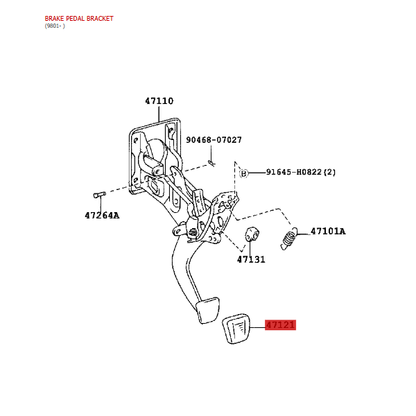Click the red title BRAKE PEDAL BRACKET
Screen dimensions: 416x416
[79, 18]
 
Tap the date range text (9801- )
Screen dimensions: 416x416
[55, 26]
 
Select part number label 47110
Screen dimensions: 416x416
[159, 101]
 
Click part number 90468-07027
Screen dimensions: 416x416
[214, 140]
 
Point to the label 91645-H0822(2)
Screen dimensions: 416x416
[301, 172]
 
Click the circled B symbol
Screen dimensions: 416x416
[243, 173]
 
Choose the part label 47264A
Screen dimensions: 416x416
[102, 216]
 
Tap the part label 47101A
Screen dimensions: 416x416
[328, 232]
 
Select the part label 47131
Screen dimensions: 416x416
[251, 259]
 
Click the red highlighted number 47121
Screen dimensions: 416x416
[280, 325]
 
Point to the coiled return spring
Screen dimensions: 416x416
[288, 239]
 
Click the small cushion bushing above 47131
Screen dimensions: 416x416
[252, 234]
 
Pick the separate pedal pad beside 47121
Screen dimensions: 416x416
[236, 329]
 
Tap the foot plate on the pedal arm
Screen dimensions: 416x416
[207, 311]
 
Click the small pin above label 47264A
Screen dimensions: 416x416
[99, 195]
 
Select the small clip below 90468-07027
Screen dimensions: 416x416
[211, 164]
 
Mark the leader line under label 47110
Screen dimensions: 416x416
[159, 114]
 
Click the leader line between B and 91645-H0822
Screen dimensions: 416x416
[257, 173]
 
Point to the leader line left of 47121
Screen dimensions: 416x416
[258, 328]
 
